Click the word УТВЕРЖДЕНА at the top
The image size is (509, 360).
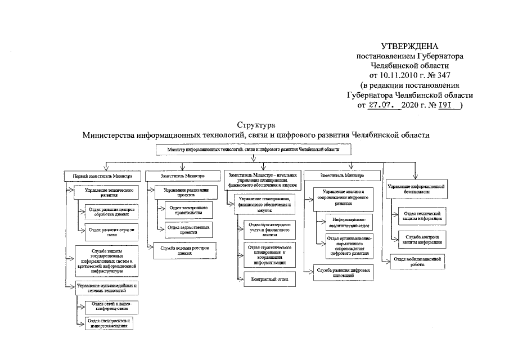pyautogui.click(x=409, y=47)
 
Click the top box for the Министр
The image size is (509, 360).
pyautogui.click(x=254, y=150)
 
